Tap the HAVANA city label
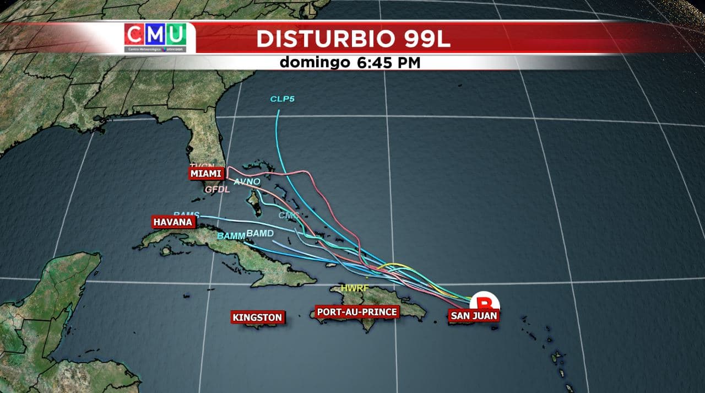tap(173, 222)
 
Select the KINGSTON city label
tap(257, 317)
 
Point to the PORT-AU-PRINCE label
tap(356, 313)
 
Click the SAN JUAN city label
tap(474, 316)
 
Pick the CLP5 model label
tap(281, 99)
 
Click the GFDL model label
tap(216, 190)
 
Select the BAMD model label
tap(260, 234)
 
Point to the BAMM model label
tap(231, 236)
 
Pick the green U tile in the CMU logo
tap(175, 35)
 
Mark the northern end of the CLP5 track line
tap(278, 111)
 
